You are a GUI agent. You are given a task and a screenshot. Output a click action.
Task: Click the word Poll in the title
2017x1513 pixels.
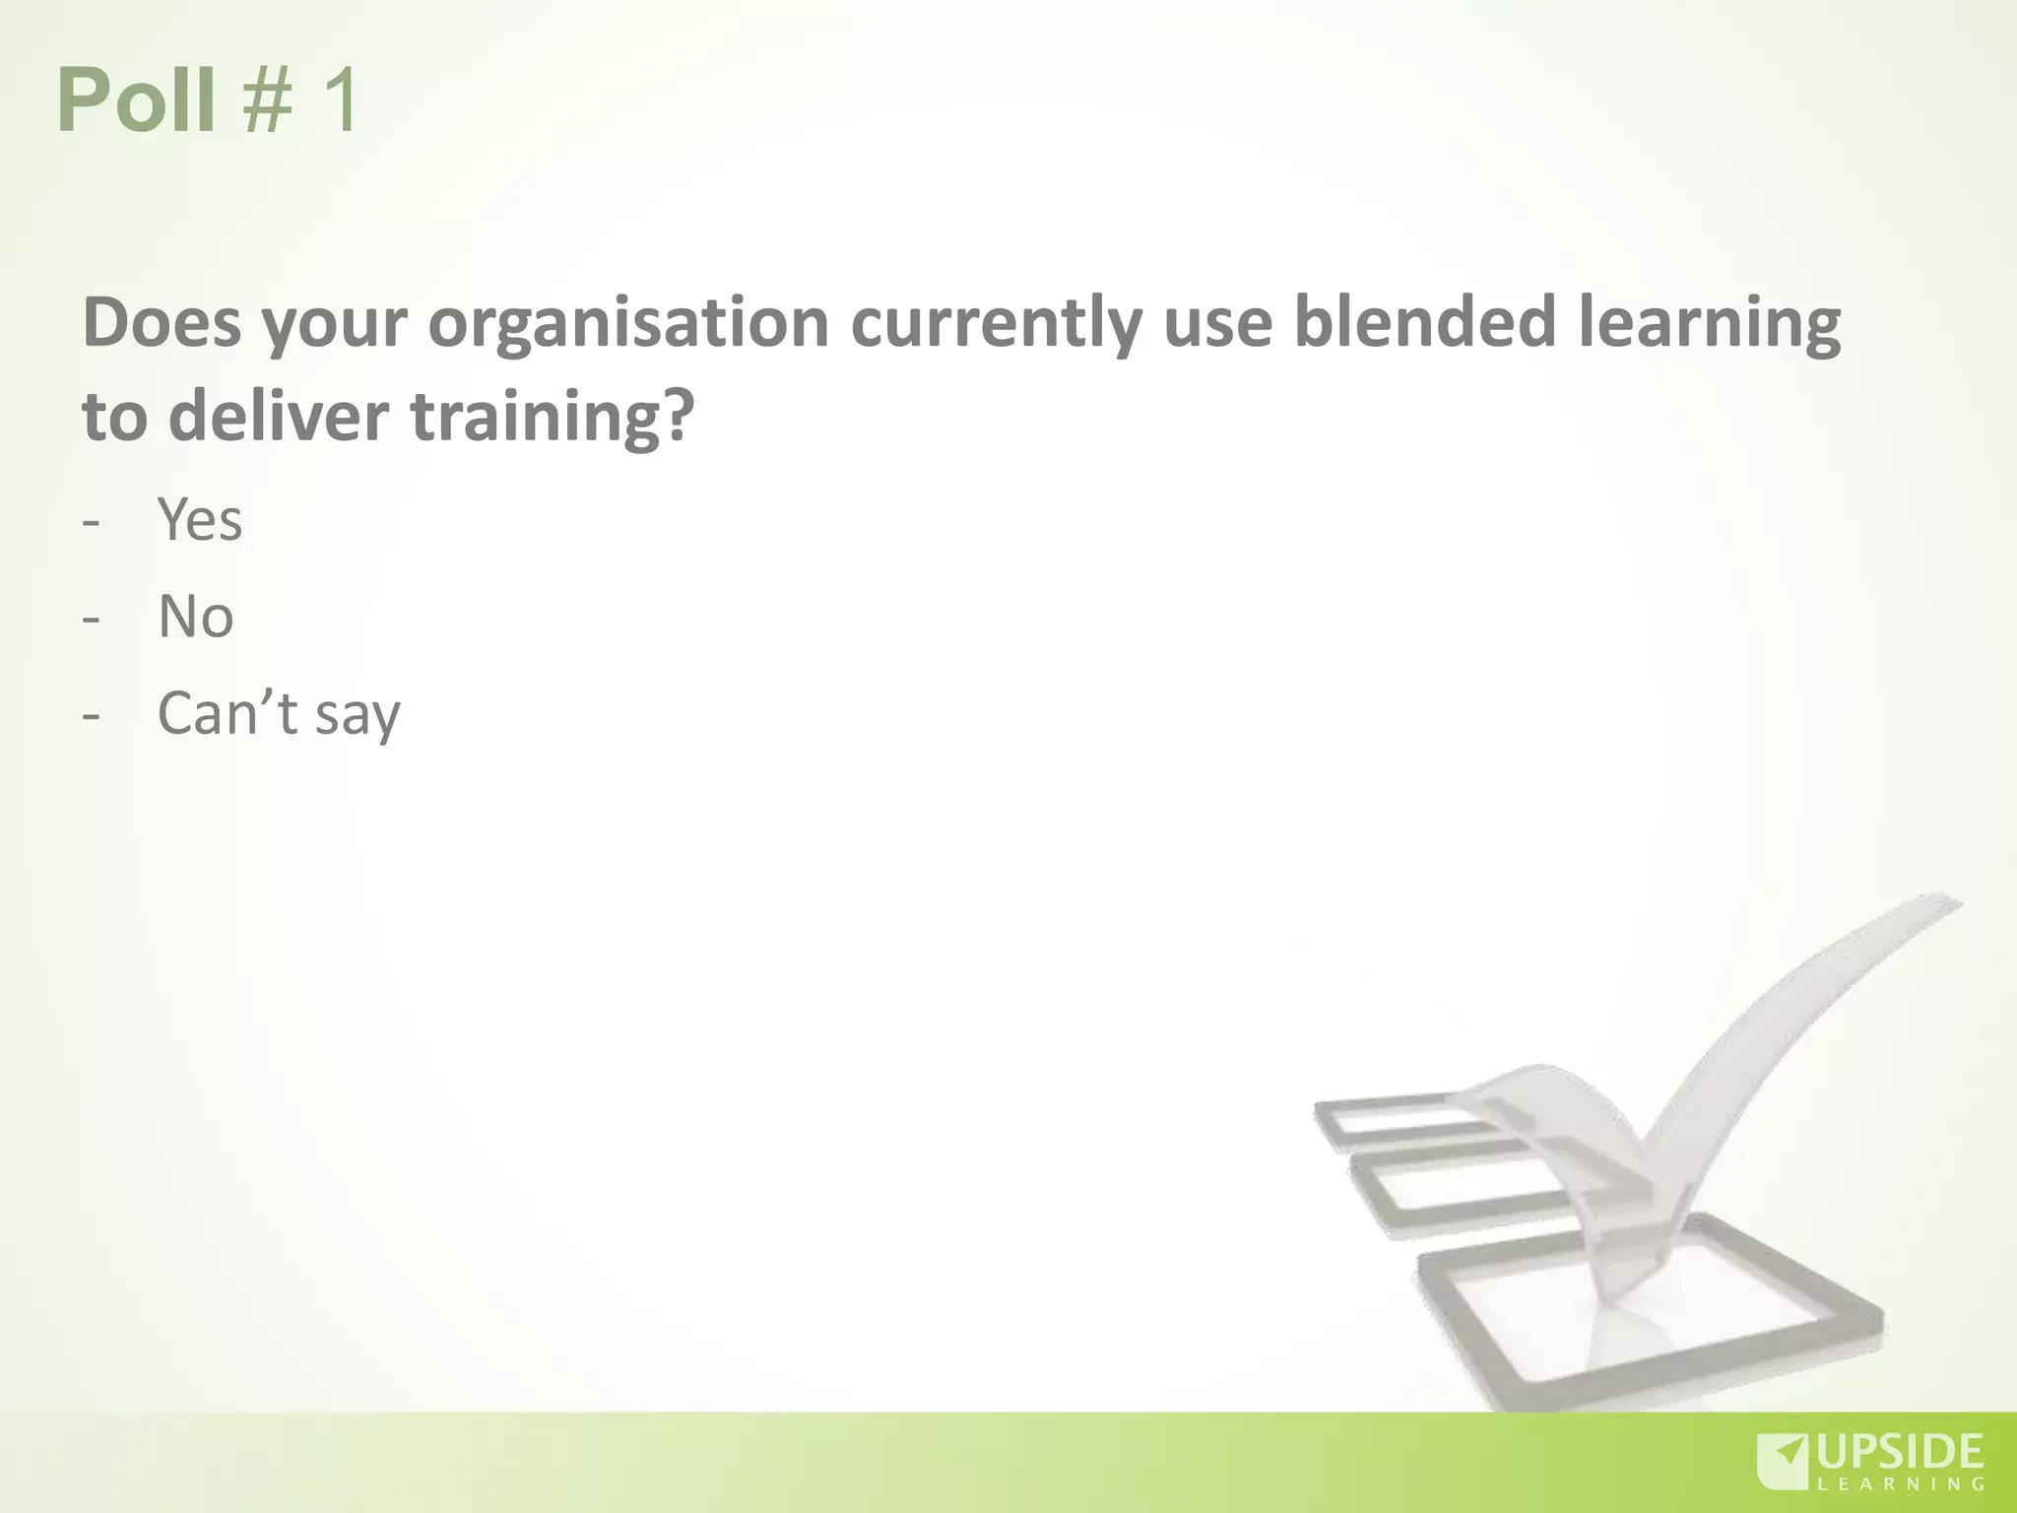(136, 100)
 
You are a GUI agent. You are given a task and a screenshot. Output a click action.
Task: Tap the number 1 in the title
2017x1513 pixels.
(335, 100)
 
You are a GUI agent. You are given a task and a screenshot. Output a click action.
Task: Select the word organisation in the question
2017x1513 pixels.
(628, 323)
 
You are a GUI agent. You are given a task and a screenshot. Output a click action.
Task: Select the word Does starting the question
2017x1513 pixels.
(162, 323)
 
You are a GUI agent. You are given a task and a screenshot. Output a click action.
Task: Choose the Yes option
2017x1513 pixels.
(200, 519)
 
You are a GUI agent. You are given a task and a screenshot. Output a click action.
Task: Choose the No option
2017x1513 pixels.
(195, 617)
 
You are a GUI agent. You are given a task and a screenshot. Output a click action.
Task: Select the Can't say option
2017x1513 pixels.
(279, 714)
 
